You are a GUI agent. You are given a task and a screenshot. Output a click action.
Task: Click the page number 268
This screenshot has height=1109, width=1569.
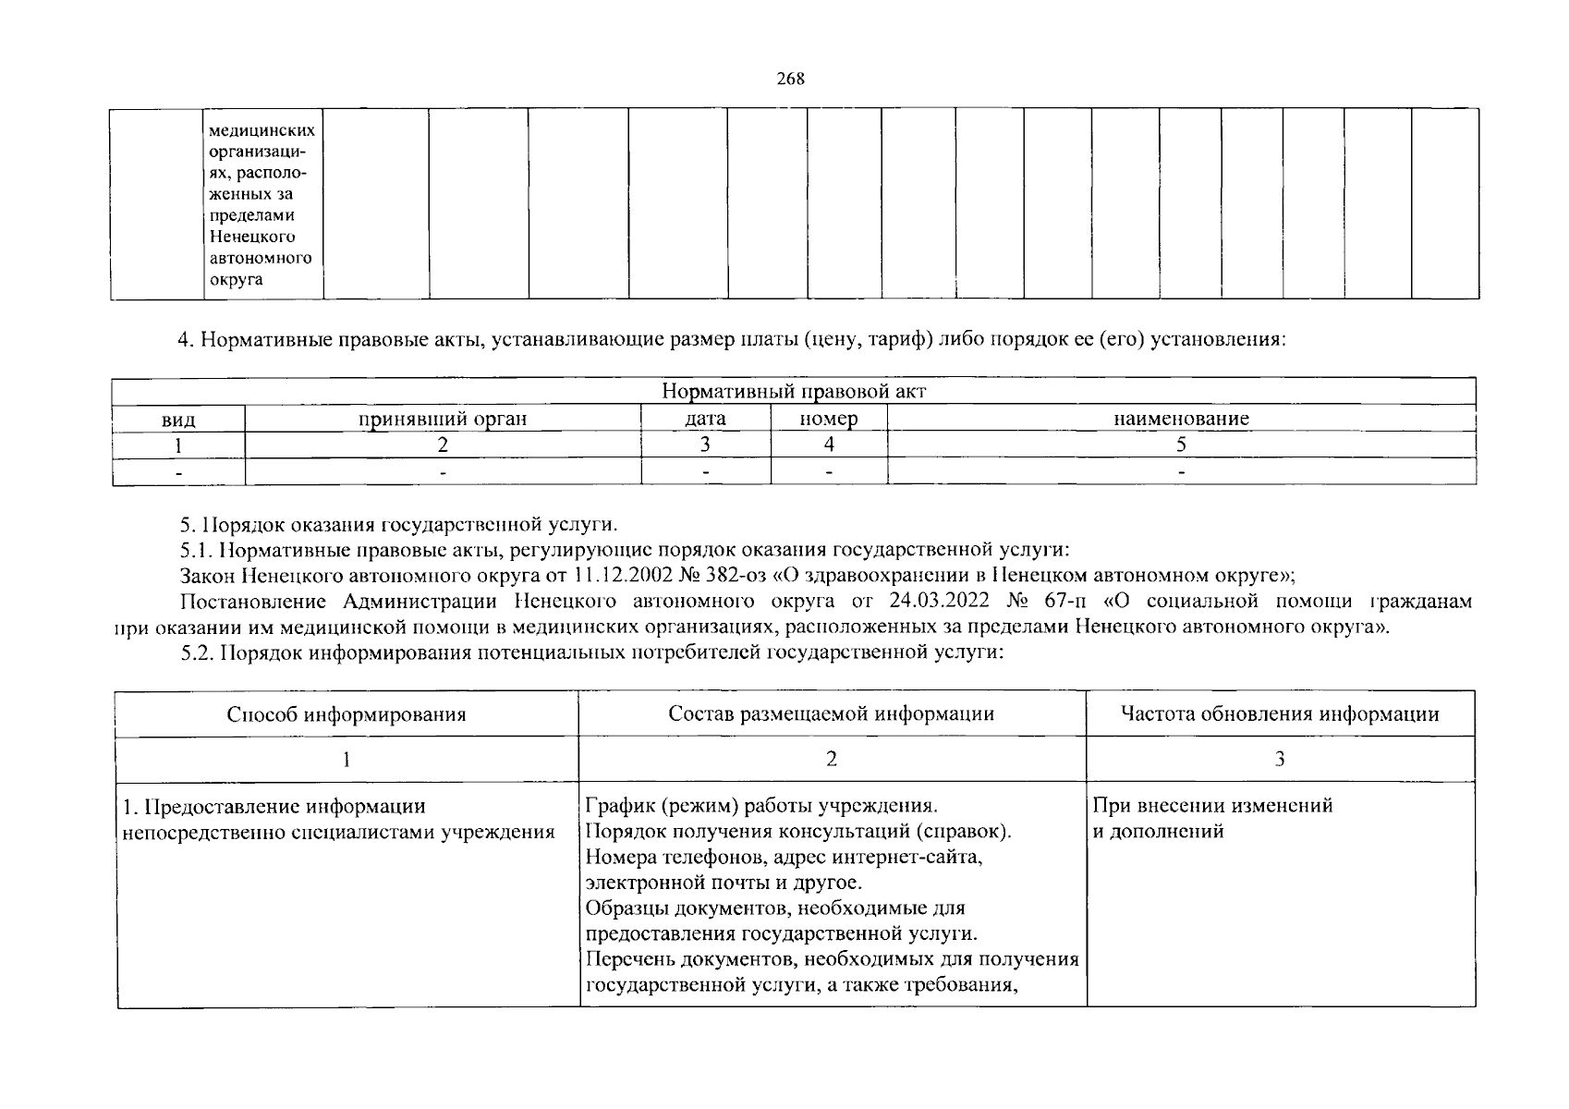[791, 79]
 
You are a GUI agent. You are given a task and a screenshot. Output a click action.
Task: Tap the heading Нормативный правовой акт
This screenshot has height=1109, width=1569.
[794, 392]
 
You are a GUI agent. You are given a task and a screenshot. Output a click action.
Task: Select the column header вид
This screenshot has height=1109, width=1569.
[178, 419]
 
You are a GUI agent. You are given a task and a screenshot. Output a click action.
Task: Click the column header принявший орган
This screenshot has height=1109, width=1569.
[443, 419]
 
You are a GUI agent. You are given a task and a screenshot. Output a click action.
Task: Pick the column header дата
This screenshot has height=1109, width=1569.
[705, 419]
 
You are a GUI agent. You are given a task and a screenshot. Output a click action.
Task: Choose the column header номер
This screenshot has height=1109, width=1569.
[829, 419]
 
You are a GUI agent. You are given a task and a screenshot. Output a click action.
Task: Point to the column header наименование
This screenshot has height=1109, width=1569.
[1181, 419]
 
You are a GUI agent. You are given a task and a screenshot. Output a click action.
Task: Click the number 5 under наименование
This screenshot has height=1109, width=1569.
[1181, 445]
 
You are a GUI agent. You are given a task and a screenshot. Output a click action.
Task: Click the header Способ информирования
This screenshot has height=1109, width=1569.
[347, 714]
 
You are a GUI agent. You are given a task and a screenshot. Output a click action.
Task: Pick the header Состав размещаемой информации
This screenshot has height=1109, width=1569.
[832, 713]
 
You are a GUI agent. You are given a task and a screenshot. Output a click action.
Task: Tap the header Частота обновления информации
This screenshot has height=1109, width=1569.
[1280, 713]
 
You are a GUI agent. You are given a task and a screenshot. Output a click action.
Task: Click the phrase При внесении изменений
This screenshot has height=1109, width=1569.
[1212, 805]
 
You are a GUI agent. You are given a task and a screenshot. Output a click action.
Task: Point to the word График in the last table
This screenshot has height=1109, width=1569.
[614, 805]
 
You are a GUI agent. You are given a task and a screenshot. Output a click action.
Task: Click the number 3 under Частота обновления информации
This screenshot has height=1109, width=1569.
[1280, 760]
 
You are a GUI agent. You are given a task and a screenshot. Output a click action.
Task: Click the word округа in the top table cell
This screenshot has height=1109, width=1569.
[236, 279]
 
